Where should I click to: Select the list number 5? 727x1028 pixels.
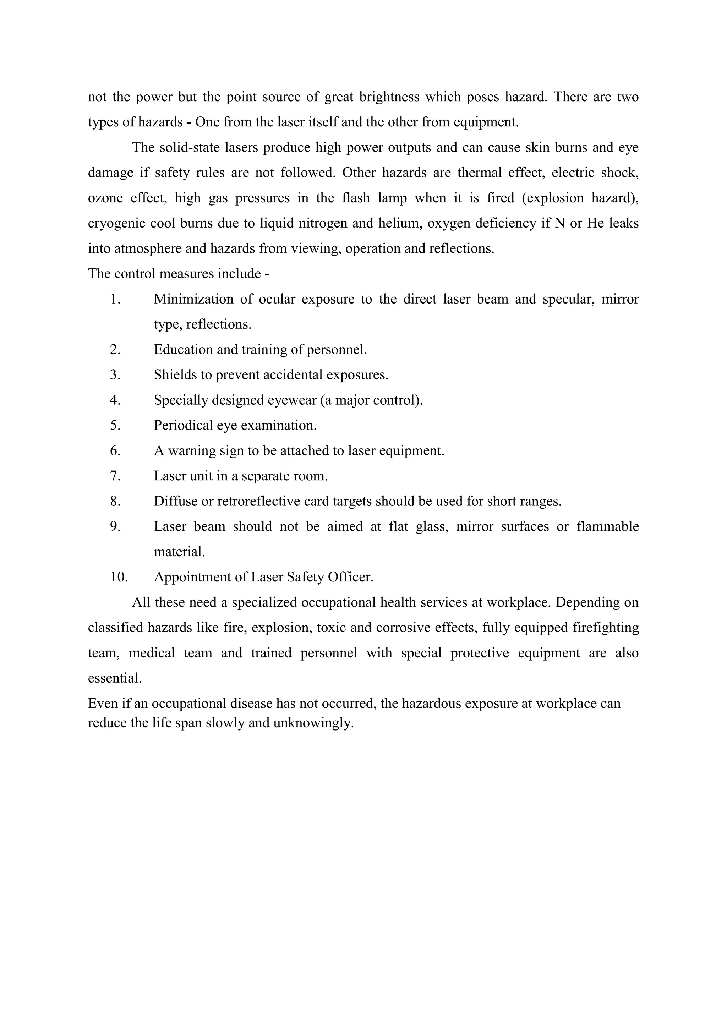(x=115, y=425)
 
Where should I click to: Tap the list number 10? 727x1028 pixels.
(x=119, y=577)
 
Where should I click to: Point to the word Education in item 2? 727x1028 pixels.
(x=183, y=349)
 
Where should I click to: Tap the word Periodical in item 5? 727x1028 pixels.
(x=183, y=425)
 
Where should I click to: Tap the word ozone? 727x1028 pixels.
(x=105, y=198)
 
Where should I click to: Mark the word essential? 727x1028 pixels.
(x=114, y=678)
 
